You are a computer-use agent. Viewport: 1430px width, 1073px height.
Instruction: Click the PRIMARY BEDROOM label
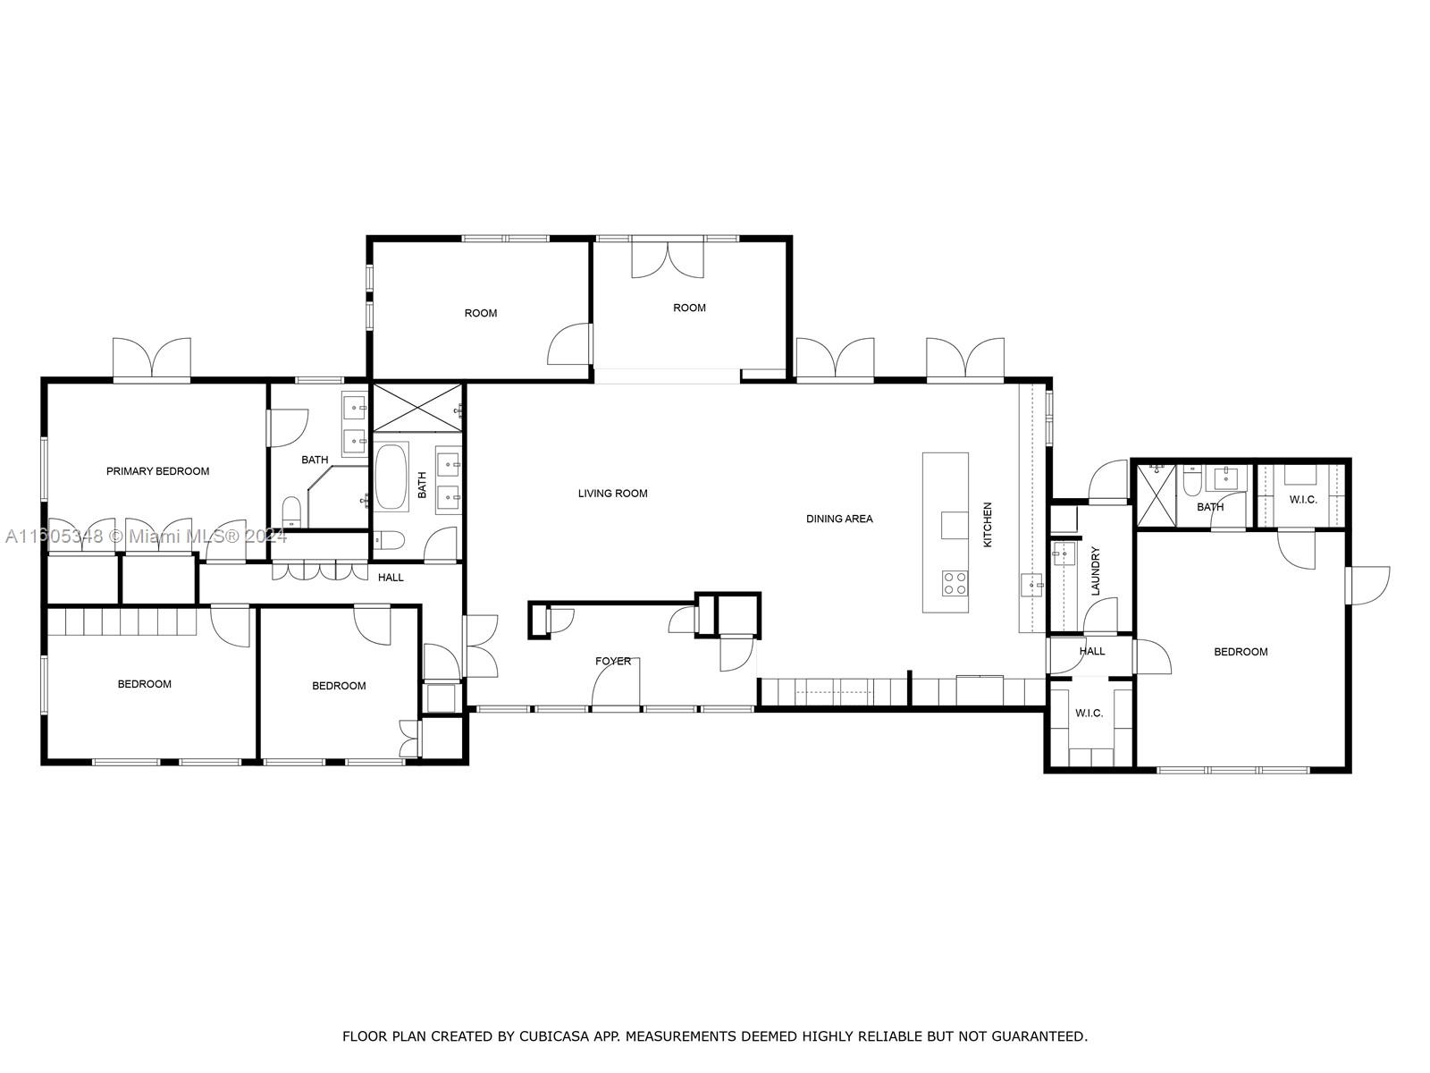pyautogui.click(x=157, y=471)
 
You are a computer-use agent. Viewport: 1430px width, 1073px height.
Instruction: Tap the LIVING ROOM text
pyautogui.click(x=612, y=494)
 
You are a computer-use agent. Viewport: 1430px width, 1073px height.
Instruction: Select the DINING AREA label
pyautogui.click(x=839, y=519)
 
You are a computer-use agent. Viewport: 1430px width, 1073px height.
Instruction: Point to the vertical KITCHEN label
pyautogui.click(x=988, y=525)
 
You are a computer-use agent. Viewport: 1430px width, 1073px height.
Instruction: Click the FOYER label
pyautogui.click(x=613, y=662)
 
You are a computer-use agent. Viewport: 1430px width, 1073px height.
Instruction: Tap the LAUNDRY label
pyautogui.click(x=1095, y=571)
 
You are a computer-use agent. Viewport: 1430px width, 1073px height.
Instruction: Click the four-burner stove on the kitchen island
pyautogui.click(x=955, y=584)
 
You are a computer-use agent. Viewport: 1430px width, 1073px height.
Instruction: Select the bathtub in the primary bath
pyautogui.click(x=391, y=477)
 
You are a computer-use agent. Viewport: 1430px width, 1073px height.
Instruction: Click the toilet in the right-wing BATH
pyautogui.click(x=1192, y=483)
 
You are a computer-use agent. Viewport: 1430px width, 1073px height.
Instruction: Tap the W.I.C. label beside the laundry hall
pyautogui.click(x=1089, y=713)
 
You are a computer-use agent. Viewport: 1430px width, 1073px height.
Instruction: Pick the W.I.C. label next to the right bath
pyautogui.click(x=1302, y=499)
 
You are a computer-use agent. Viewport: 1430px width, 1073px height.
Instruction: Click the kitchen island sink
pyautogui.click(x=954, y=525)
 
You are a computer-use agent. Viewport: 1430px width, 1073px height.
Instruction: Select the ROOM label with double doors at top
pyautogui.click(x=689, y=308)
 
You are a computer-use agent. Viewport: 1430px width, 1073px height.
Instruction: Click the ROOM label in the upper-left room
pyautogui.click(x=480, y=313)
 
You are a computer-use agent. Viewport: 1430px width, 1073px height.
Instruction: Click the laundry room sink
pyautogui.click(x=1064, y=554)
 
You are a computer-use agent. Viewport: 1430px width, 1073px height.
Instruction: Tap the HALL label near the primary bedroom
pyautogui.click(x=391, y=578)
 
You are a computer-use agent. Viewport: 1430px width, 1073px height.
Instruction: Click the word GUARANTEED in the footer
pyautogui.click(x=1040, y=1037)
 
